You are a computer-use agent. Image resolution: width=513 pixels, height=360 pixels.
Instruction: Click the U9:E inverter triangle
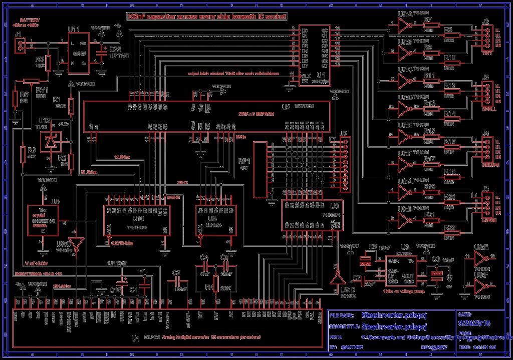pyautogui.click(x=479, y=258)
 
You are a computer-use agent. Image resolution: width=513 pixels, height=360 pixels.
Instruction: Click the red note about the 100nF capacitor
pyautogui.click(x=206, y=16)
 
